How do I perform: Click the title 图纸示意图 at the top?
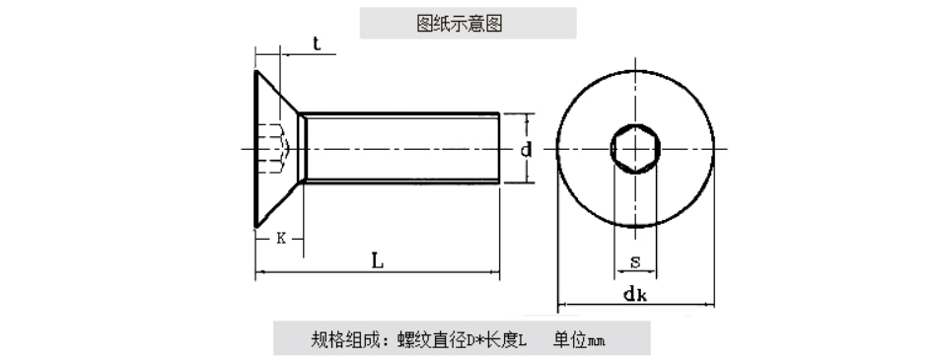[x=459, y=24]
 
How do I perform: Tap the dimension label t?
[x=317, y=43]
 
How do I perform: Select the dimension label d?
[x=526, y=150]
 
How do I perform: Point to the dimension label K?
[x=281, y=239]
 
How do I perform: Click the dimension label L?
[x=377, y=260]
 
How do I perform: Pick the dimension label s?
[x=635, y=262]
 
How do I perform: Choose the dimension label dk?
[x=635, y=294]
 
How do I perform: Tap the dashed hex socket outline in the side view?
[x=274, y=149]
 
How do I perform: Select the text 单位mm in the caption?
[x=578, y=340]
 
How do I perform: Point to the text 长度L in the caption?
[x=506, y=340]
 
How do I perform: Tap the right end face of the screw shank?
[x=499, y=147]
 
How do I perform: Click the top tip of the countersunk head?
[x=256, y=71]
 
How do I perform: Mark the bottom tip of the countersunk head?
[x=256, y=227]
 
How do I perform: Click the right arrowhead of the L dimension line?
[x=495, y=272]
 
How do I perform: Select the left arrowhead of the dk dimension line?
[x=561, y=305]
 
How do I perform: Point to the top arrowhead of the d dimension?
[x=527, y=116]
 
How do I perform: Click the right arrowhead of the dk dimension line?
[x=710, y=305]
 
